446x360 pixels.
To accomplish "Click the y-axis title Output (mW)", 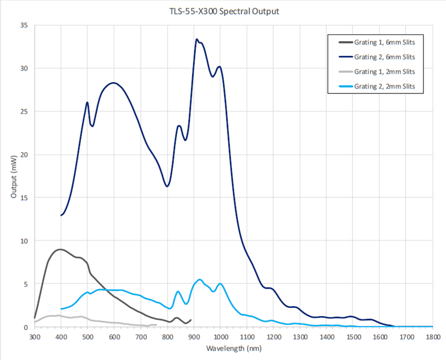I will point(14,176).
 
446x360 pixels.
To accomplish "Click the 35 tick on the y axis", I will point(24,25).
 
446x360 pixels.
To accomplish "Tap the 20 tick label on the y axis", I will point(24,155).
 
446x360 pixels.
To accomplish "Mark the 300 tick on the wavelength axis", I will point(34,337).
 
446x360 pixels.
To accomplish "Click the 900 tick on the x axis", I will point(194,337).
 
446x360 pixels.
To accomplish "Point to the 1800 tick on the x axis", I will point(432,337).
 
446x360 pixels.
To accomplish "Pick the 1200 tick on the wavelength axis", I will point(273,337).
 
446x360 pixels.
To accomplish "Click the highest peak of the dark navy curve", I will point(197,39).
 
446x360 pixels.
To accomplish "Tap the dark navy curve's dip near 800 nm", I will point(167,186).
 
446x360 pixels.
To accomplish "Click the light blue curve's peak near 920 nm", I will point(199,280).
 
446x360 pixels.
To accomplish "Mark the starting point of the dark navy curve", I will point(61,215).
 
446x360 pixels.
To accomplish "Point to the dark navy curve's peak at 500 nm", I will point(87,102).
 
